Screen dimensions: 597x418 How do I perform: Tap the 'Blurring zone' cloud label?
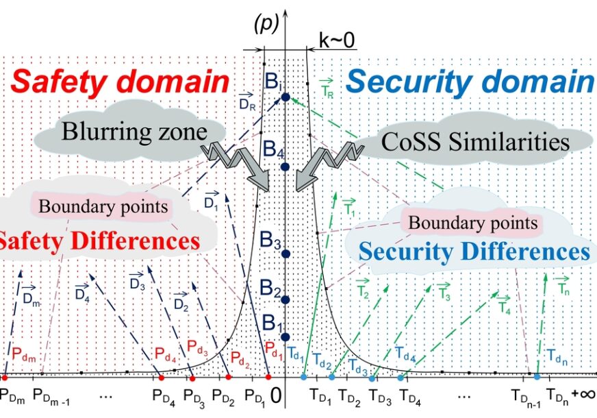134,132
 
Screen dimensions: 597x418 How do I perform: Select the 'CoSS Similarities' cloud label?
475,142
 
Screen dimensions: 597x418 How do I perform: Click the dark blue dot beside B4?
285,167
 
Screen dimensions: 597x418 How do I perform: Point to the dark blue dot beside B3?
285,254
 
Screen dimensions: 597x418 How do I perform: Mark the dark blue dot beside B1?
285,337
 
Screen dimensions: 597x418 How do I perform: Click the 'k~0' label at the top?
337,40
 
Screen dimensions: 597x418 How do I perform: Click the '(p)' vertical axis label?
266,25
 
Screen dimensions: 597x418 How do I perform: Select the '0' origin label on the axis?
276,396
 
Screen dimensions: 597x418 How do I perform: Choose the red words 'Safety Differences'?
100,241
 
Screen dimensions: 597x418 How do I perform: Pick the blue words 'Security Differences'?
474,251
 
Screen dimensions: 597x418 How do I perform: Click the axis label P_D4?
164,397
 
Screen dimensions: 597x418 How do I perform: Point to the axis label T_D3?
380,397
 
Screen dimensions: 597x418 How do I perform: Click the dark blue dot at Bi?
285,97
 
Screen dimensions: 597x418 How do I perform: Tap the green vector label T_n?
562,285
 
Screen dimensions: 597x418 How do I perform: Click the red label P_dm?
23,354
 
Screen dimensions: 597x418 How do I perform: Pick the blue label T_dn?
557,356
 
